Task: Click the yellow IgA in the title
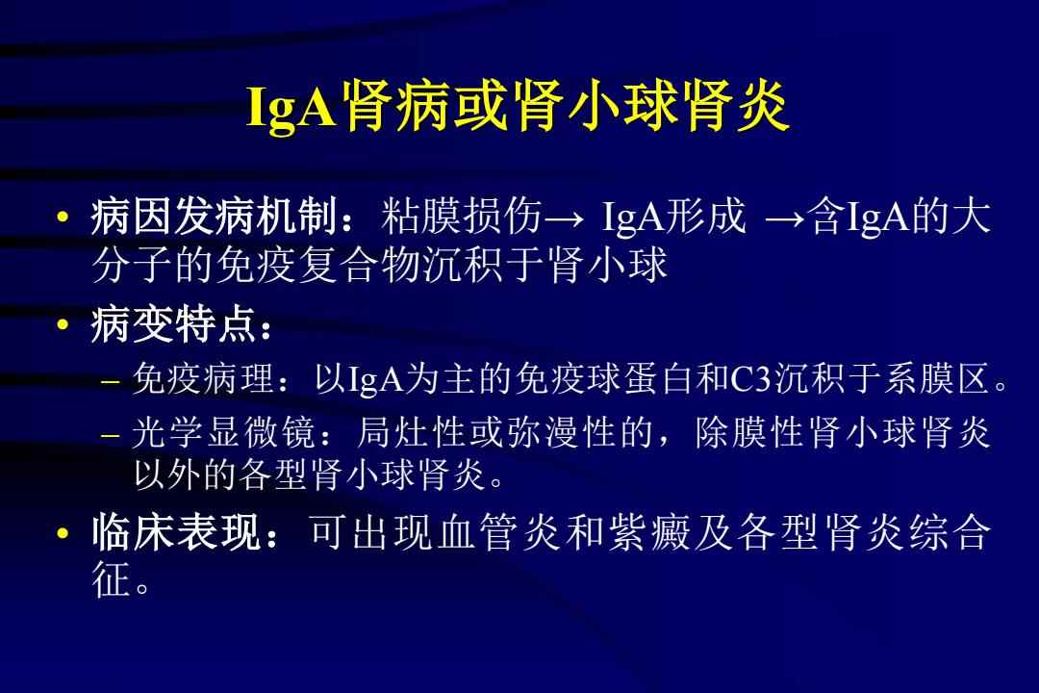(292, 106)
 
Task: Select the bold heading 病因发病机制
(215, 217)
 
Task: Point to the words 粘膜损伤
(462, 217)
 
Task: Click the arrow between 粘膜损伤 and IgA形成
(564, 218)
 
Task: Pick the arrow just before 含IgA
(786, 218)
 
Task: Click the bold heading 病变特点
(173, 325)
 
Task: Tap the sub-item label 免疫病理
(203, 379)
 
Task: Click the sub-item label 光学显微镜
(223, 433)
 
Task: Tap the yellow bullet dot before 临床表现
(63, 533)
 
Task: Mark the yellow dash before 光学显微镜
(111, 436)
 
